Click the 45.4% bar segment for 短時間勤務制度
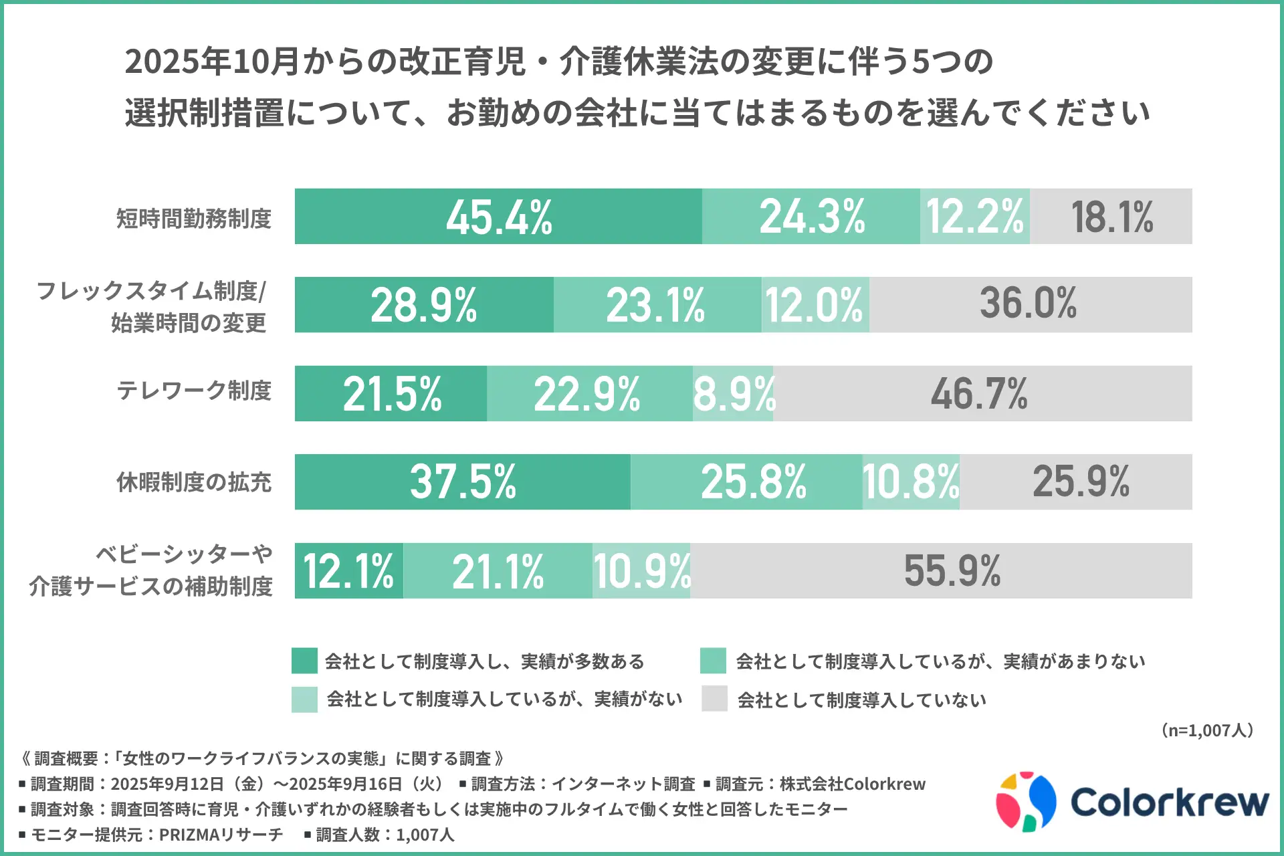(x=498, y=217)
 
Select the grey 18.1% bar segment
(x=1111, y=217)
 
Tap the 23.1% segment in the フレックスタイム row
(x=657, y=305)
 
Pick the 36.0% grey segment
(x=1030, y=305)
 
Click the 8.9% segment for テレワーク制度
(x=733, y=394)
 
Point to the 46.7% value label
(x=979, y=394)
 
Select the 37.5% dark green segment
(x=462, y=482)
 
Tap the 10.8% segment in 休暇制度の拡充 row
(x=911, y=482)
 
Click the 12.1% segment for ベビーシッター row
(x=348, y=571)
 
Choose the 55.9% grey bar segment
(x=952, y=571)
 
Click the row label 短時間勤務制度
(x=194, y=219)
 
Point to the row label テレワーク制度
(x=194, y=391)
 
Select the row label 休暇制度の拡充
(x=194, y=482)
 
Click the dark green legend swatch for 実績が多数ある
(x=304, y=661)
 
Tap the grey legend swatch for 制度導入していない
(x=714, y=699)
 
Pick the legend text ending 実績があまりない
(x=940, y=661)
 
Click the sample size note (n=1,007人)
(x=1207, y=730)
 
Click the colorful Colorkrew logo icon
(x=1026, y=802)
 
